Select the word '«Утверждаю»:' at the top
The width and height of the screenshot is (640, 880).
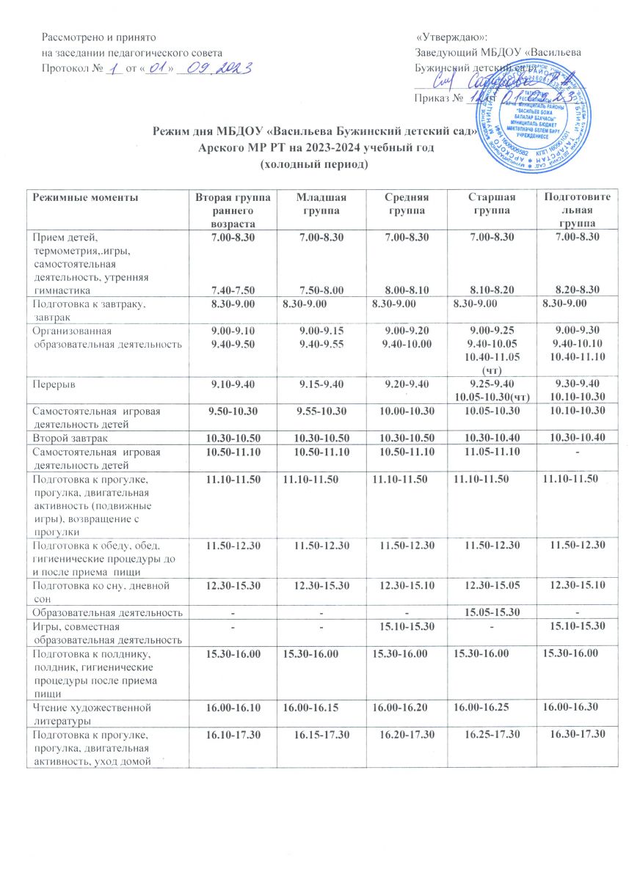tap(451, 37)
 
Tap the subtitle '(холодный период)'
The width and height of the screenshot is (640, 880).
tap(313, 164)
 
